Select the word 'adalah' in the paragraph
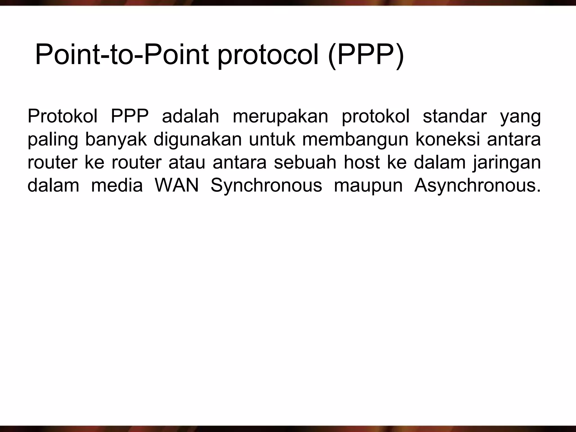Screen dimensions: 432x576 pyautogui.click(x=190, y=116)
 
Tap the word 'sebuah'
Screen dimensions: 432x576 pyautogui.click(x=305, y=163)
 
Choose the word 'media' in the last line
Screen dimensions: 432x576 pyautogui.click(x=117, y=186)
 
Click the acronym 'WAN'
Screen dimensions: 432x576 pyautogui.click(x=177, y=186)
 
